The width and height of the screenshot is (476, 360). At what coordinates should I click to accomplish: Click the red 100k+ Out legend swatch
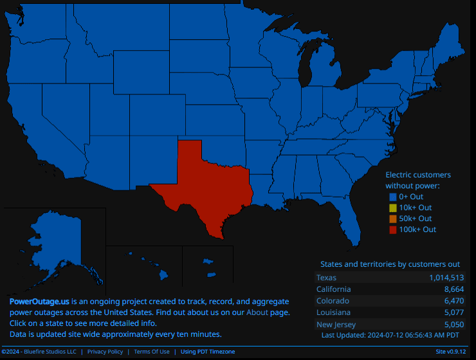pyautogui.click(x=392, y=230)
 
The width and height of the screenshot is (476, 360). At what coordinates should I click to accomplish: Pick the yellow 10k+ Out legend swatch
pyautogui.click(x=392, y=208)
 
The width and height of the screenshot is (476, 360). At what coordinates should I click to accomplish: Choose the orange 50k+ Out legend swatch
pyautogui.click(x=392, y=219)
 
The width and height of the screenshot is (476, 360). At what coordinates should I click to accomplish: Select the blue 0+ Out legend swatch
pyautogui.click(x=392, y=197)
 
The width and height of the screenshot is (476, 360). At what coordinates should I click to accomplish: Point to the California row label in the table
pyautogui.click(x=334, y=289)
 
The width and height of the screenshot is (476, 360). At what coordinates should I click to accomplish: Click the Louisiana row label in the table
pyautogui.click(x=333, y=312)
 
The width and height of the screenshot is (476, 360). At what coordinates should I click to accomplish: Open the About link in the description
pyautogui.click(x=257, y=312)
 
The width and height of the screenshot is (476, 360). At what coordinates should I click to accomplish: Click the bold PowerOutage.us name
pyautogui.click(x=39, y=301)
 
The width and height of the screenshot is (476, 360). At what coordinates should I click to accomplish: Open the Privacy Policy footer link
pyautogui.click(x=105, y=352)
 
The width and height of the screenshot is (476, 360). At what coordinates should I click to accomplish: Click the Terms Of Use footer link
pyautogui.click(x=152, y=352)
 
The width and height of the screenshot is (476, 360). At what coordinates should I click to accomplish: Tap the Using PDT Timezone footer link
pyautogui.click(x=208, y=352)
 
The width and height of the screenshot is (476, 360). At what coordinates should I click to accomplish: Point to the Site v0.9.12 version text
pyautogui.click(x=451, y=352)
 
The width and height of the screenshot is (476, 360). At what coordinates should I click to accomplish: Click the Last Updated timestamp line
pyautogui.click(x=390, y=335)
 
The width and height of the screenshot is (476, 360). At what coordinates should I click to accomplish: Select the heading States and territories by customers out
pyautogui.click(x=390, y=264)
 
